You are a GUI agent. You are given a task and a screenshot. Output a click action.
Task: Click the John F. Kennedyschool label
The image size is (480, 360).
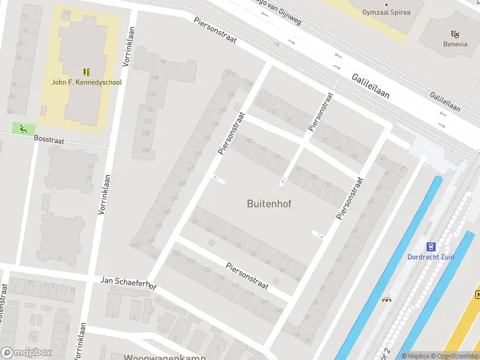tap(86, 82)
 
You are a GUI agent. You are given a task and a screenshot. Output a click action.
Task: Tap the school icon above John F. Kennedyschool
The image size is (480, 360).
tap(86, 71)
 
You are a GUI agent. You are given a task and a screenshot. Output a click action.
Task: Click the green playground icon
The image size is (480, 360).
tap(23, 128)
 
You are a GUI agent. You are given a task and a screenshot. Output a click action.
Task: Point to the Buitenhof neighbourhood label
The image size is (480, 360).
tap(269, 203)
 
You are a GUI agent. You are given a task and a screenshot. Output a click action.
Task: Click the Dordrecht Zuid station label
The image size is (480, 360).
tap(431, 257)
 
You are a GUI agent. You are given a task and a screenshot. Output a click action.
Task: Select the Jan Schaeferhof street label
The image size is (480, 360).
tap(128, 283)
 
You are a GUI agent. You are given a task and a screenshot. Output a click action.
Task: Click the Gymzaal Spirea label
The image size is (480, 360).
tap(386, 12)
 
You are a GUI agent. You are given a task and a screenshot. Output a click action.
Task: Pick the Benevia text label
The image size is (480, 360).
tap(455, 44)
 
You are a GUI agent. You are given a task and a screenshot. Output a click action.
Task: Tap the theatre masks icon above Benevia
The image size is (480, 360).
tap(455, 34)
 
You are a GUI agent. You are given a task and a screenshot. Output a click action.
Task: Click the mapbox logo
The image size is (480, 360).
tap(26, 352)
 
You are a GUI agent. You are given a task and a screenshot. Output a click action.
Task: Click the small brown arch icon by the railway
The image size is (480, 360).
tap(387, 299)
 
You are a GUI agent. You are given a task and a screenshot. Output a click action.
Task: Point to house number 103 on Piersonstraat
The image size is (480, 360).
tap(278, 310)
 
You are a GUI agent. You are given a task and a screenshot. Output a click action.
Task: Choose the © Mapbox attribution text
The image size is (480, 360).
tap(416, 356)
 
